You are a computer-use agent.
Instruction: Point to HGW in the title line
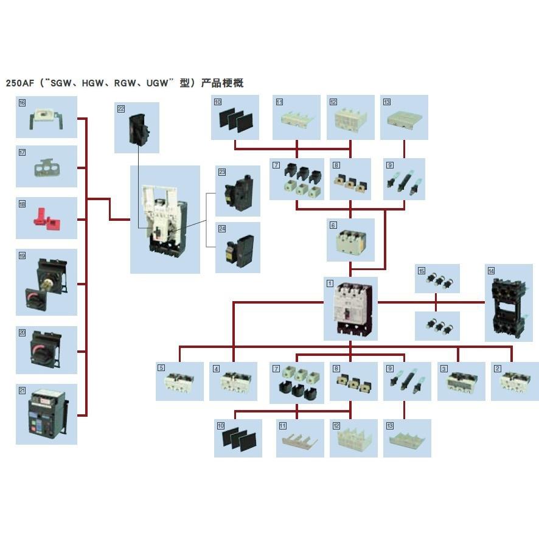click(91, 83)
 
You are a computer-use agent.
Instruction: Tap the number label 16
click(22, 103)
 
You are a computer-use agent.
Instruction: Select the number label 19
click(22, 256)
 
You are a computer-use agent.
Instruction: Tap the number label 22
click(120, 109)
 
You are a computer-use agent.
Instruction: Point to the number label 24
click(222, 229)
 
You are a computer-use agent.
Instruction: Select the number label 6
click(333, 225)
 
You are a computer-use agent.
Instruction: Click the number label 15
click(421, 271)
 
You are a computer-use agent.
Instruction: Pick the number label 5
click(161, 368)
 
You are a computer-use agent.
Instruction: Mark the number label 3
click(444, 368)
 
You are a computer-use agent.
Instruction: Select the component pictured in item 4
click(233, 383)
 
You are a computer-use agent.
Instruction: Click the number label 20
click(22, 332)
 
